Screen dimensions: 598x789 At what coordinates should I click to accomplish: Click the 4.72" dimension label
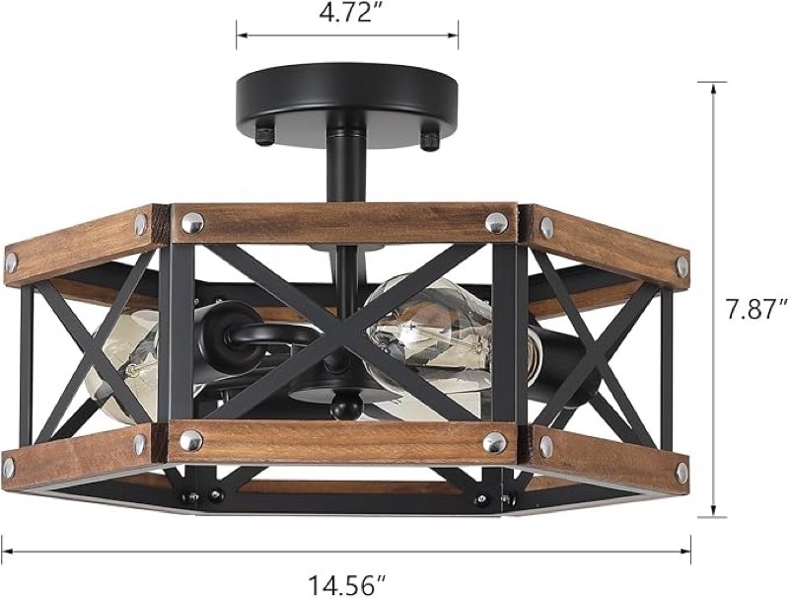(346, 16)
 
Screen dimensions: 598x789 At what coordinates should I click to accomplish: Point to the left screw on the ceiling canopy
(264, 135)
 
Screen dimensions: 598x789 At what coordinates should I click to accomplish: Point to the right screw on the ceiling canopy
(429, 140)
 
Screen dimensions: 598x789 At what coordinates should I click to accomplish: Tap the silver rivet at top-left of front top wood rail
(191, 223)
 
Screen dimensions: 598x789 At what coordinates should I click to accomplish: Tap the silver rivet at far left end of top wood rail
(11, 262)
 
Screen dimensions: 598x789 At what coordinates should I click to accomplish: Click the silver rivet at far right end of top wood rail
(680, 264)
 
